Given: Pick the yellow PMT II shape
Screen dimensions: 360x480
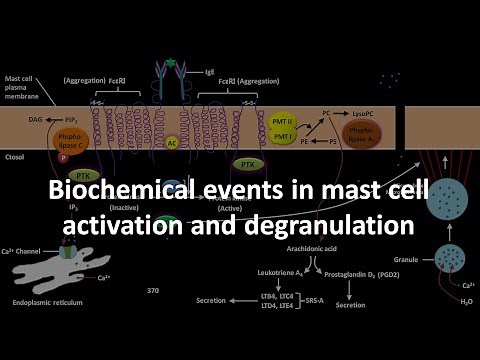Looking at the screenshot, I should coord(283,120).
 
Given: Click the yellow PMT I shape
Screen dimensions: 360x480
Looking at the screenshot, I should coord(283,138).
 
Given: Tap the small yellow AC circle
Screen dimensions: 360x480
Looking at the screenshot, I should coord(172,143).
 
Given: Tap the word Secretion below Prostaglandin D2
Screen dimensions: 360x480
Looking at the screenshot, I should coord(350,307).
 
